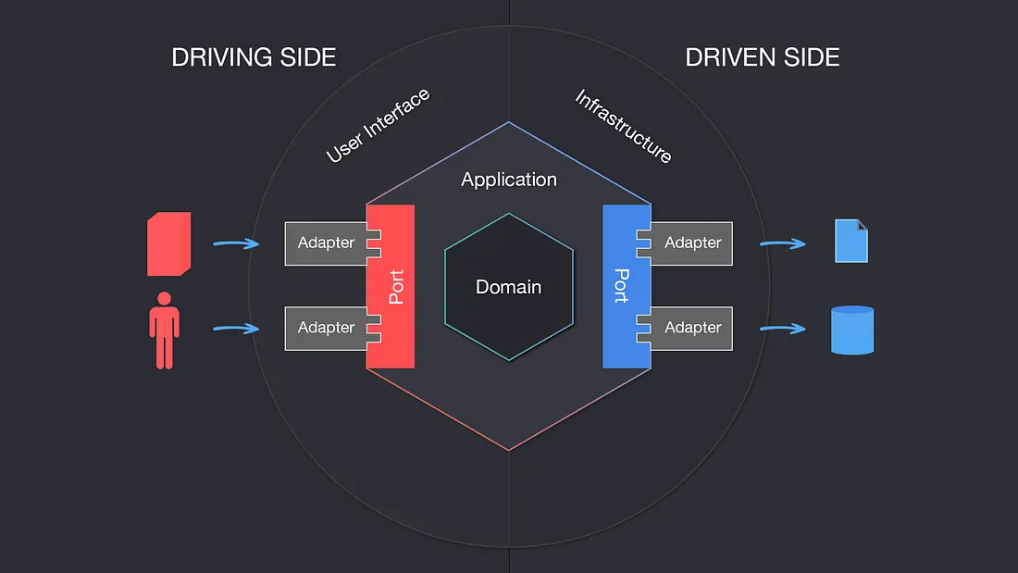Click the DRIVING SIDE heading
[254, 57]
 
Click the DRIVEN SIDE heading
[762, 57]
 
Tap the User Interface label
[378, 126]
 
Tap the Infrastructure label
[624, 127]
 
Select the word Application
[509, 180]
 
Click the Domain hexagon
[508, 287]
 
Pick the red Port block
[393, 286]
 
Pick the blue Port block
[623, 286]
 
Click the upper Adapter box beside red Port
[325, 243]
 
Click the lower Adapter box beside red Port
[325, 328]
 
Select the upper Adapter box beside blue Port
[693, 243]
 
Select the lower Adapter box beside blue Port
[693, 328]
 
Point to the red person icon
[165, 330]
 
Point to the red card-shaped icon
[169, 244]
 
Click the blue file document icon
[851, 241]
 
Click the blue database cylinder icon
[851, 330]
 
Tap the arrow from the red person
[236, 329]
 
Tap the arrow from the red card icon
[236, 244]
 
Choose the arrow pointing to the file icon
[783, 244]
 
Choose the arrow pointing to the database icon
[783, 329]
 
